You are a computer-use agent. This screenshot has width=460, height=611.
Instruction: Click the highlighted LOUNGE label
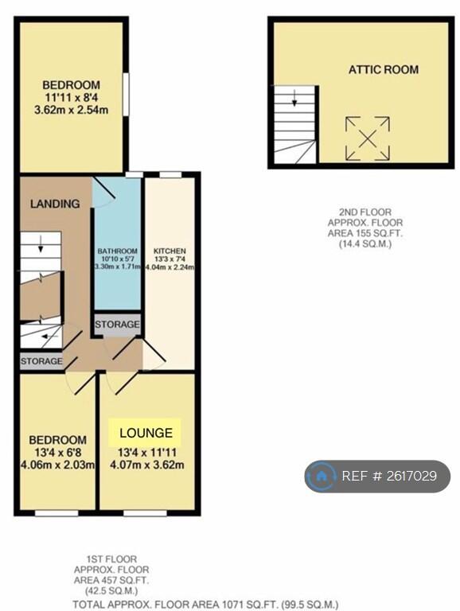(146, 433)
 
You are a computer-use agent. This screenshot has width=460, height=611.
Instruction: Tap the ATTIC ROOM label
(384, 70)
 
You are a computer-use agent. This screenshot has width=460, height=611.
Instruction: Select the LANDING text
(55, 204)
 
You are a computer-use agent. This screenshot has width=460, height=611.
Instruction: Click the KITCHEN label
(170, 251)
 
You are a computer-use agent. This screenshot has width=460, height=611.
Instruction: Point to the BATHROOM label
(117, 251)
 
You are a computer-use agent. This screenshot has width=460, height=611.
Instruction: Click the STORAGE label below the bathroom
(117, 325)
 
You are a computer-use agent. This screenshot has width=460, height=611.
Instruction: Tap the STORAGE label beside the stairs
(41, 361)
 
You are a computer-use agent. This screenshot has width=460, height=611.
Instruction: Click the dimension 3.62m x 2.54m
(71, 110)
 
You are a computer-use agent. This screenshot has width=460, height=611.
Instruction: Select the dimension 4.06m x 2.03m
(57, 465)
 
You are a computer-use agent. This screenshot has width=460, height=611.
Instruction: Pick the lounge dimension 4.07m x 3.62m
(147, 465)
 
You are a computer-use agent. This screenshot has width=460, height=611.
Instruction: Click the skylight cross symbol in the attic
(368, 138)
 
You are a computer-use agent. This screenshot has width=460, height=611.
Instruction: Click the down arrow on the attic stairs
(294, 98)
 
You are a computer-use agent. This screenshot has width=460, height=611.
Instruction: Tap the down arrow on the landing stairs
(41, 245)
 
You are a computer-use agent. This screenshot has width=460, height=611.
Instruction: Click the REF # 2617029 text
(389, 476)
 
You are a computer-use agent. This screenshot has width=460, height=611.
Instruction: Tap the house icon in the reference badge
(321, 476)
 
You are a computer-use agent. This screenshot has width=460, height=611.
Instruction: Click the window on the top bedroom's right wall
(126, 94)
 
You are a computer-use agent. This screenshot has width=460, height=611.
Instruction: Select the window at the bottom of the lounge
(145, 513)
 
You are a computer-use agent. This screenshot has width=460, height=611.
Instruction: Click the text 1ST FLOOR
(111, 559)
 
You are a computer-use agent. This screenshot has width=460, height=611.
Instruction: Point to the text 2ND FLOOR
(365, 212)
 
